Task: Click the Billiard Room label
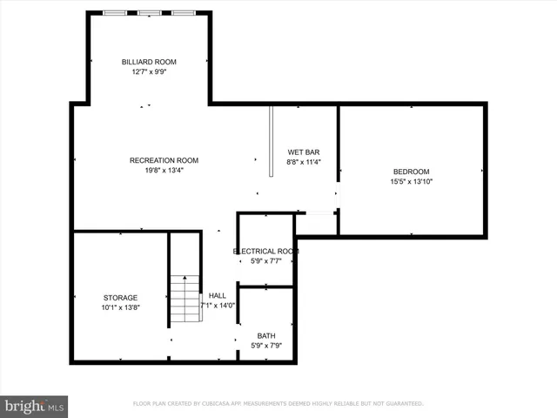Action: [x=148, y=62]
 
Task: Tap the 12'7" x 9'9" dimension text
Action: [x=148, y=72]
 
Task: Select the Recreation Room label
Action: [x=164, y=160]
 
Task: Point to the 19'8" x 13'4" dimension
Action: [x=164, y=171]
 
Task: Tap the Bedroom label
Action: [x=411, y=172]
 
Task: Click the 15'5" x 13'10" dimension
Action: [x=411, y=182]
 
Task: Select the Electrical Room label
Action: [x=265, y=251]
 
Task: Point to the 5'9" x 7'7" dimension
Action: [x=265, y=261]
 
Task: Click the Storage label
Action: [x=120, y=298]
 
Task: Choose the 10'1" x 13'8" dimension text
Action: [x=120, y=308]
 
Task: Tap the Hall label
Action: [x=217, y=296]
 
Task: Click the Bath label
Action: [x=265, y=336]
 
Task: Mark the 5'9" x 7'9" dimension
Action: [x=265, y=347]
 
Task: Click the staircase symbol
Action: [x=185, y=299]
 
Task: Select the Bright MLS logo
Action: [x=34, y=406]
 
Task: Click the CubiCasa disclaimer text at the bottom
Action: [x=278, y=404]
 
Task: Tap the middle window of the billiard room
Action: [x=149, y=13]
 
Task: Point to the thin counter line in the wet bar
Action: [x=272, y=142]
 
